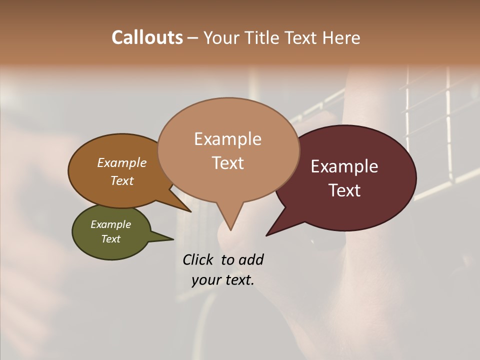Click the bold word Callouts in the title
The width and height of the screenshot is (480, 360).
tap(147, 37)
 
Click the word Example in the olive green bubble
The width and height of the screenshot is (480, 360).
tap(110, 224)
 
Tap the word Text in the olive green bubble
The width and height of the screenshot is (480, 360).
tap(110, 239)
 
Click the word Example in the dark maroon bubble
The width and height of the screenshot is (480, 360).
tap(344, 166)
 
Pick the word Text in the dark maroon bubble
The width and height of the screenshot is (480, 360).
tap(344, 190)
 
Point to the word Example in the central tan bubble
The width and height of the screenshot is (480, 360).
tap(227, 139)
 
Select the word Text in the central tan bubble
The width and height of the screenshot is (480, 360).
tap(227, 163)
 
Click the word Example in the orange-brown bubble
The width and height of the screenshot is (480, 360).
tap(121, 163)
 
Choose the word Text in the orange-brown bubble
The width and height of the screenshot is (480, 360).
tap(121, 180)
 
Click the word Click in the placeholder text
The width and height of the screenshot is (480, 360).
tap(198, 259)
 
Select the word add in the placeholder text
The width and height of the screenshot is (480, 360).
tap(251, 259)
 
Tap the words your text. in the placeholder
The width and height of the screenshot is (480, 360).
tap(222, 280)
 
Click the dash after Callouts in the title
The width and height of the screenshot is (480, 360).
tap(193, 37)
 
